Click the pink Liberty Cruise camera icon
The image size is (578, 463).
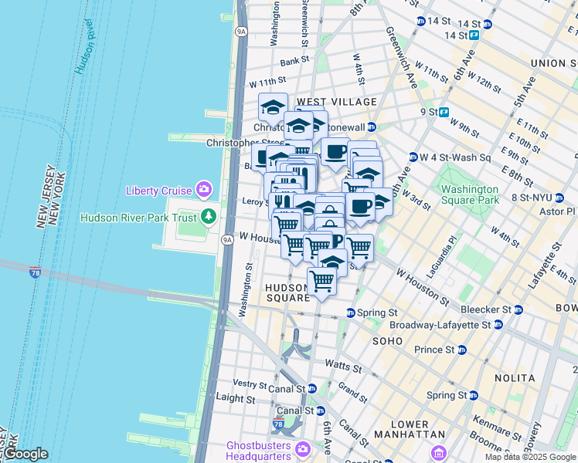(203, 189)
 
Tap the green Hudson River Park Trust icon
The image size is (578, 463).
(208, 216)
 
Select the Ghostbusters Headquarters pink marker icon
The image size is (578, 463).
(302, 448)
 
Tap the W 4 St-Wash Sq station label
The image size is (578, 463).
(455, 157)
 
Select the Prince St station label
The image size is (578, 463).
(433, 350)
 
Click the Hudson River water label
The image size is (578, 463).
(85, 46)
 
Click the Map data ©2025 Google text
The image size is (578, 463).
(530, 457)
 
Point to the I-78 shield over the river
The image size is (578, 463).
(36, 272)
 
